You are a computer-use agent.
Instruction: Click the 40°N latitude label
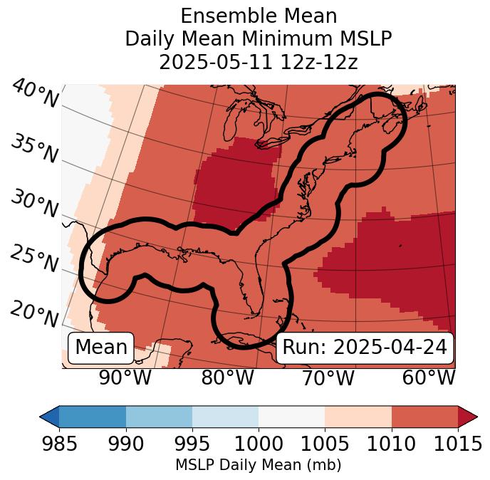click(x=34, y=94)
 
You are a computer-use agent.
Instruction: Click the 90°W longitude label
click(x=125, y=378)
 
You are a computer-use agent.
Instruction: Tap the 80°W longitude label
click(x=227, y=378)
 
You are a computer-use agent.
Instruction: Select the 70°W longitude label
click(x=328, y=378)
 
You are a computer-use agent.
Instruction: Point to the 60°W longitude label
click(x=428, y=378)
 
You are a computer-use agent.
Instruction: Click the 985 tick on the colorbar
click(x=59, y=444)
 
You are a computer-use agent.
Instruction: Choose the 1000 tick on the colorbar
click(x=259, y=444)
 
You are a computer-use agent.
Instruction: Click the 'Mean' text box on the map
click(x=101, y=348)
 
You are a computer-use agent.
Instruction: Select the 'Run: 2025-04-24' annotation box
click(x=365, y=348)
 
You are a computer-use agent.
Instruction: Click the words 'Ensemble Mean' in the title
click(x=259, y=16)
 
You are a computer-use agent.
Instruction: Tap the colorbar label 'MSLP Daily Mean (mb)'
click(x=259, y=466)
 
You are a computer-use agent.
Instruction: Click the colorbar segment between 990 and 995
click(x=159, y=416)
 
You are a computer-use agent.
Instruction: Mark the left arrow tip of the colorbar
click(x=41, y=416)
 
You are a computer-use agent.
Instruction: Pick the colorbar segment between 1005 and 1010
click(x=358, y=416)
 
